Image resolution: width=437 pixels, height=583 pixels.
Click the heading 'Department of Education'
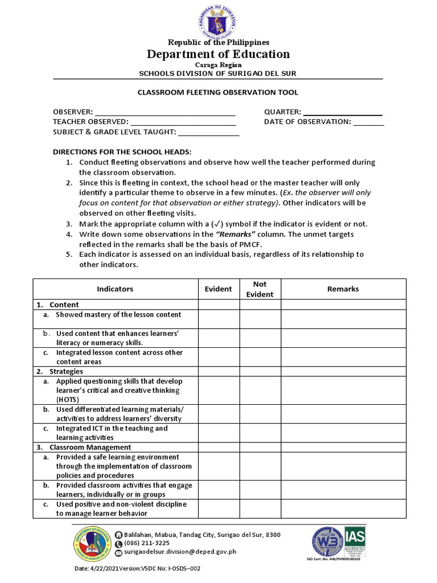(x=218, y=54)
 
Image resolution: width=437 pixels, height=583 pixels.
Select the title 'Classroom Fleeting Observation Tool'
(x=218, y=92)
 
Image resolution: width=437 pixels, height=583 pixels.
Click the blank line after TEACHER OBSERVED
(x=183, y=122)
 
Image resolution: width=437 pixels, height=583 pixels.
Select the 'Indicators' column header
(x=115, y=289)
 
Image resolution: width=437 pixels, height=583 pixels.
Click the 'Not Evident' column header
(x=259, y=289)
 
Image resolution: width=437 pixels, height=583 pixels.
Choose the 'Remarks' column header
(x=343, y=289)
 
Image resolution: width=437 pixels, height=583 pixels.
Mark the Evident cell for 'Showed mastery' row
(x=218, y=319)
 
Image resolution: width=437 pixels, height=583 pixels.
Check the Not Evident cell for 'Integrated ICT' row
(x=259, y=433)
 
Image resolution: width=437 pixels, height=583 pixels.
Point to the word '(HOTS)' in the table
(x=68, y=400)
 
